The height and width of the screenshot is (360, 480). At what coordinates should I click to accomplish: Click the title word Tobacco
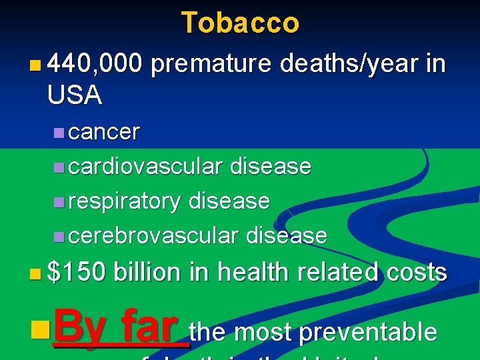[x=240, y=23]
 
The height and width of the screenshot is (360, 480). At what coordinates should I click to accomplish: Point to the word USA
[x=75, y=96]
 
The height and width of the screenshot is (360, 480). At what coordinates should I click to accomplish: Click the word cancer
[x=104, y=132]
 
